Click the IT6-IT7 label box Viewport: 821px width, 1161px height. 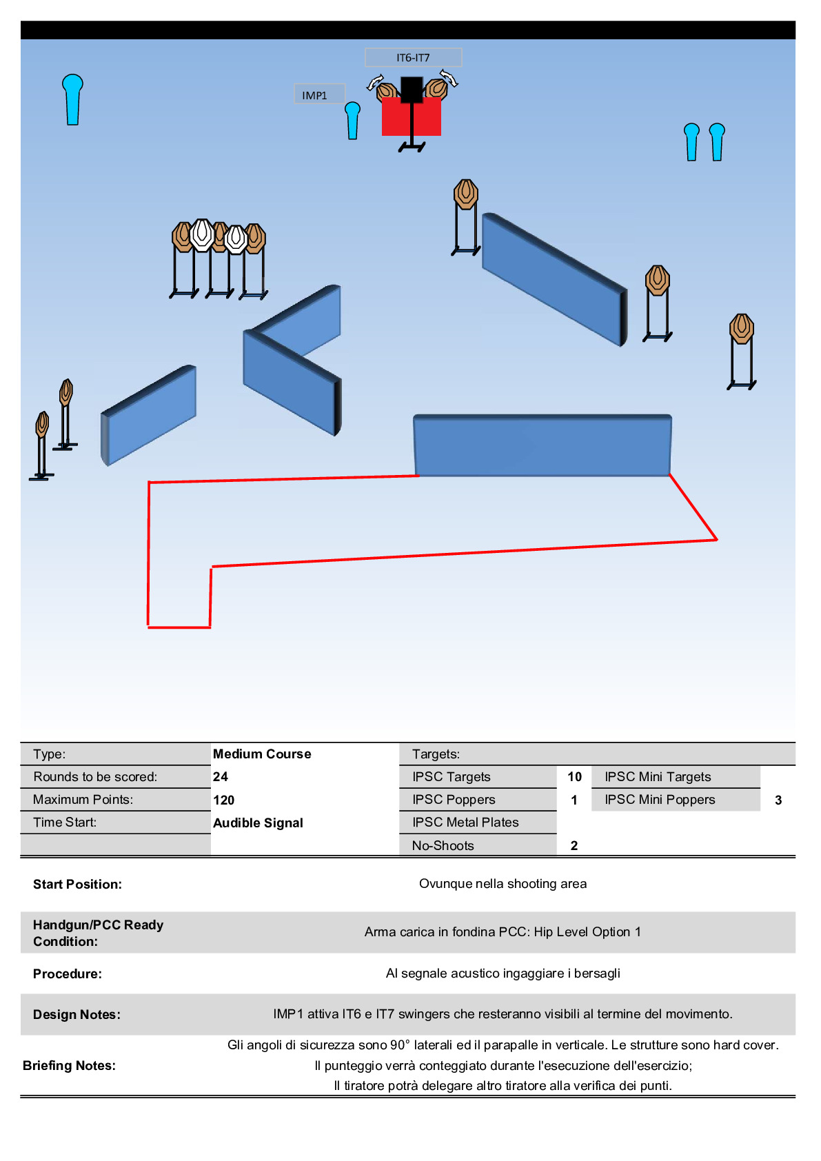pyautogui.click(x=413, y=58)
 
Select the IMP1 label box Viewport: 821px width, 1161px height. pyautogui.click(x=318, y=95)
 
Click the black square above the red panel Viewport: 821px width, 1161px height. pyautogui.click(x=412, y=89)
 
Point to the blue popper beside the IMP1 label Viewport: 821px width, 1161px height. pyautogui.click(x=352, y=121)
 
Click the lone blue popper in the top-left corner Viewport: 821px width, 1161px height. pyautogui.click(x=72, y=99)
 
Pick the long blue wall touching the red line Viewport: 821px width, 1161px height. pyautogui.click(x=543, y=445)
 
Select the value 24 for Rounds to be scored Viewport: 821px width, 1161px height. pyautogui.click(x=221, y=777)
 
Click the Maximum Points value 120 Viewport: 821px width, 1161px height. pyautogui.click(x=224, y=800)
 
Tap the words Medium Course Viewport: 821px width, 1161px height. pyautogui.click(x=262, y=754)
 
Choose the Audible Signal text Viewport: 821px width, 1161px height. pyautogui.click(x=258, y=823)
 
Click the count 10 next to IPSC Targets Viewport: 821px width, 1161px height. pyautogui.click(x=574, y=777)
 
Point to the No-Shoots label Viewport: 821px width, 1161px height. pyautogui.click(x=443, y=846)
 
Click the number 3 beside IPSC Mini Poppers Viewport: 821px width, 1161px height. pyautogui.click(x=778, y=800)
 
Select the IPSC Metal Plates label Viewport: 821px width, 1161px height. pyautogui.click(x=465, y=822)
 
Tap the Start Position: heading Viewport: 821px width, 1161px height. pyautogui.click(x=77, y=885)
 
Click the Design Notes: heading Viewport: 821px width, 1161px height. pyautogui.click(x=77, y=1015)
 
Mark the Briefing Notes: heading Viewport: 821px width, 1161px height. pyautogui.click(x=69, y=1066)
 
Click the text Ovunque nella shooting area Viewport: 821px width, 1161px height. pyautogui.click(x=503, y=884)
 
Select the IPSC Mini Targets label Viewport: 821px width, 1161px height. pyautogui.click(x=658, y=777)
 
